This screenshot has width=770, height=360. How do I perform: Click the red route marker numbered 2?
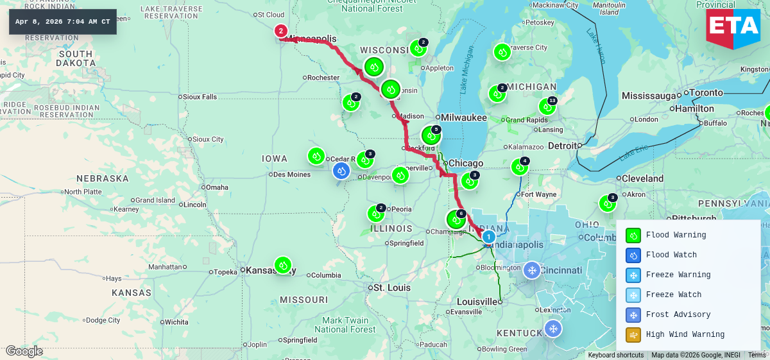coord(280,30)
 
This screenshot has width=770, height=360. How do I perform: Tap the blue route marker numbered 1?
coord(488,237)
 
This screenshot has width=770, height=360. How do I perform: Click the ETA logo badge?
coord(733,28)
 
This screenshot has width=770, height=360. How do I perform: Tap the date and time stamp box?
coord(63,22)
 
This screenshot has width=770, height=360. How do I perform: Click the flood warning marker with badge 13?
coord(547,107)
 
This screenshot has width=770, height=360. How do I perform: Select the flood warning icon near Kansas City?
coord(283,265)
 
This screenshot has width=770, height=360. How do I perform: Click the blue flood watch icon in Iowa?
coord(341,171)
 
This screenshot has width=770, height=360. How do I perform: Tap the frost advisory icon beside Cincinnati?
coord(531,270)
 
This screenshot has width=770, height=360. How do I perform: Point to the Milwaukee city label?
coord(463,117)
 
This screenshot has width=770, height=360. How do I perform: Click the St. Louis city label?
coord(391,287)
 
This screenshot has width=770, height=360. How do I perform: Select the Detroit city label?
coord(562,146)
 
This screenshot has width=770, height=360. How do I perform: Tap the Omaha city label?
coord(217,187)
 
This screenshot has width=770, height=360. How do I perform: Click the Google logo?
coord(24,351)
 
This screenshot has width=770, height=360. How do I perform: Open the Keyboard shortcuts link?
coord(615,355)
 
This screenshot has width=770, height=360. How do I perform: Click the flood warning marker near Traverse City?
coord(502,52)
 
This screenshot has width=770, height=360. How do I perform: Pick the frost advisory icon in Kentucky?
coord(552,329)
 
